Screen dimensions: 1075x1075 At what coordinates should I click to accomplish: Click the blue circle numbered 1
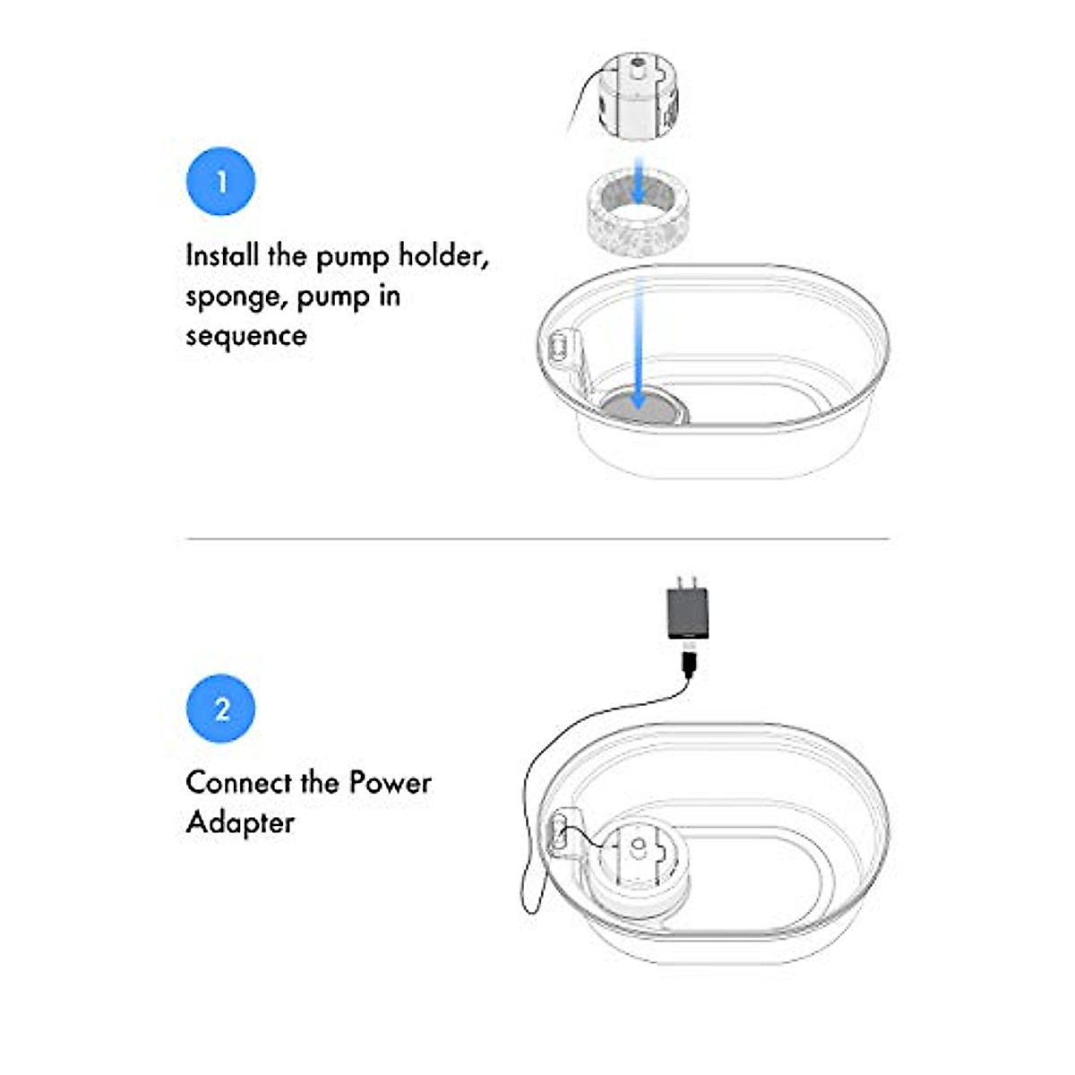(220, 182)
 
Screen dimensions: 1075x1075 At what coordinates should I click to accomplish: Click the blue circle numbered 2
(220, 709)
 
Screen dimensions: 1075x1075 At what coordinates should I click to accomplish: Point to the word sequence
(245, 336)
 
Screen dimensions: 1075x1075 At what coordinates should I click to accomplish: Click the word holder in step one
(443, 256)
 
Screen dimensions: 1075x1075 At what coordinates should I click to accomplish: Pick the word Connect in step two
(238, 782)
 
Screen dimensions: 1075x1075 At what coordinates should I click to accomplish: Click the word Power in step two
(390, 782)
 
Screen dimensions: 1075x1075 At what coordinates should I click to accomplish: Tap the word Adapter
(240, 822)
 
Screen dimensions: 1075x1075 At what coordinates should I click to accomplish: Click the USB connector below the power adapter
(689, 663)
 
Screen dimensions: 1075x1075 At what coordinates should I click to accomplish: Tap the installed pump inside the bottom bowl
(637, 864)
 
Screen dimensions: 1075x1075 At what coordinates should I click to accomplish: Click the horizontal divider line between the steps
(537, 538)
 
